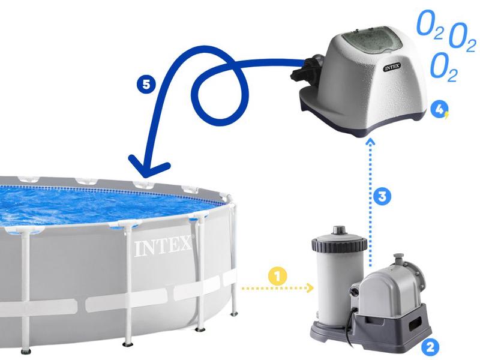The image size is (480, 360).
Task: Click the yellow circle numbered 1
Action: click(x=277, y=277)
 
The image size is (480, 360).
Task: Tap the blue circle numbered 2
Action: click(x=430, y=346)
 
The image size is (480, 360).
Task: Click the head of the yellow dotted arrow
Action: click(x=311, y=289)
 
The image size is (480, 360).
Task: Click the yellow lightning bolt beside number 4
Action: click(x=446, y=114)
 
